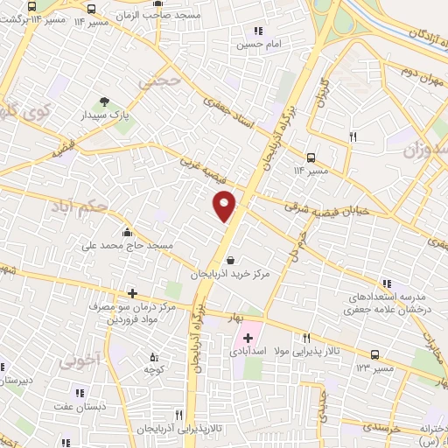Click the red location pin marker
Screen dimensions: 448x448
[225, 205]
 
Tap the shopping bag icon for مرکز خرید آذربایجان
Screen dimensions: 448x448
[230, 260]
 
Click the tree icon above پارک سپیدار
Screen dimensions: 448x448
[106, 102]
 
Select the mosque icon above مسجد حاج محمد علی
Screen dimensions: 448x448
[128, 232]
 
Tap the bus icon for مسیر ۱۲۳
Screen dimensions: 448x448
[375, 354]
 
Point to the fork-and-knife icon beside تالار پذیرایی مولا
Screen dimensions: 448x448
[306, 338]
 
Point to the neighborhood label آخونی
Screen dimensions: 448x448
[73, 359]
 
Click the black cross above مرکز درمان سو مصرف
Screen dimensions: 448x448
[131, 293]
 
